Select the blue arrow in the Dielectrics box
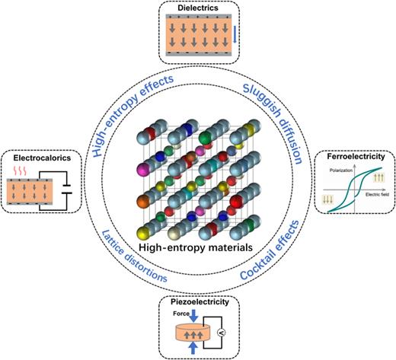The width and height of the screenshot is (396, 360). pyautogui.click(x=235, y=34)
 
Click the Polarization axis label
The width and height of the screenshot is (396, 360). pyautogui.click(x=343, y=173)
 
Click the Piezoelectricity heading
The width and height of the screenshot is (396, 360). pyautogui.click(x=197, y=301)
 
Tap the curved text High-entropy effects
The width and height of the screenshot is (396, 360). pyautogui.click(x=129, y=107)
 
